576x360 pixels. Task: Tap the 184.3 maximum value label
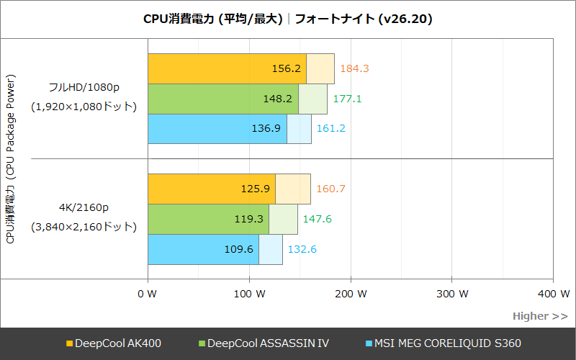click(x=354, y=68)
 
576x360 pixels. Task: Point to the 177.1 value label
click(x=347, y=99)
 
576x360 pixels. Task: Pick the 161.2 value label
click(x=332, y=129)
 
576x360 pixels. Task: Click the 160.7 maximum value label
click(x=331, y=189)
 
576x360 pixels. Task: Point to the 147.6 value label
click(x=318, y=219)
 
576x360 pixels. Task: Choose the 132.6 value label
click(x=302, y=249)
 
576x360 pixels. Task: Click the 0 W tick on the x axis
click(x=147, y=294)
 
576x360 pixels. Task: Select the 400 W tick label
click(x=553, y=294)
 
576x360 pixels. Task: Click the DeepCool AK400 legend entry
click(x=113, y=343)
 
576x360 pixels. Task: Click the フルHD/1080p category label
click(x=84, y=87)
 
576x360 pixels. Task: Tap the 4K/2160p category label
click(x=84, y=208)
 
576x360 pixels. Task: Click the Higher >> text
click(x=539, y=316)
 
